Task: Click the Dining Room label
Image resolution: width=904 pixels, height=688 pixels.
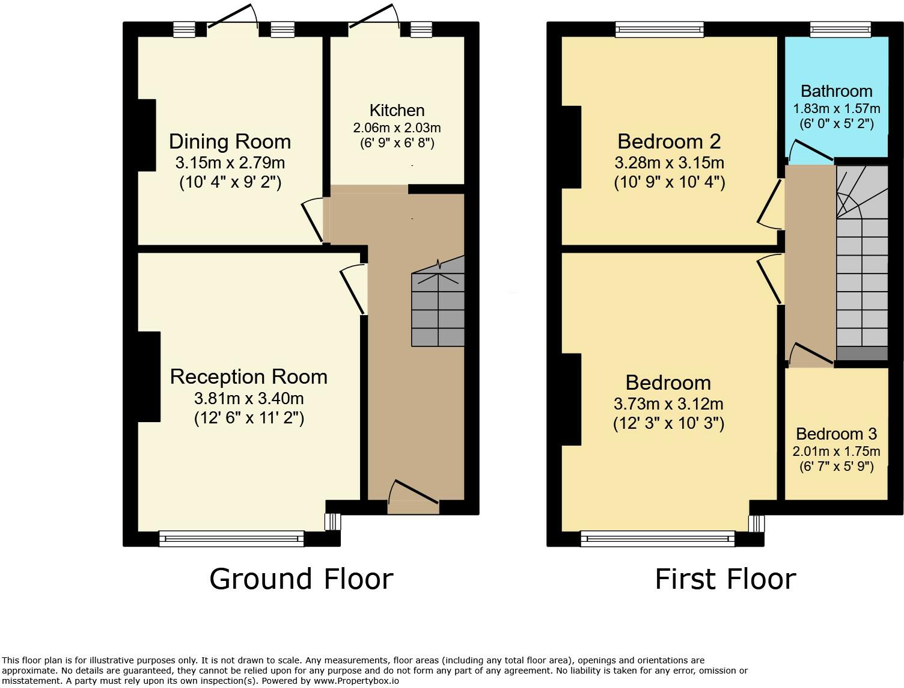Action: point(230,142)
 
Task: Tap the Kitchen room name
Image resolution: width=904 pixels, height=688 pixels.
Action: point(397,111)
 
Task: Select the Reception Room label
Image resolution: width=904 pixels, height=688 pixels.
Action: point(249,377)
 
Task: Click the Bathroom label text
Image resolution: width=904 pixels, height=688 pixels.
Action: point(837,91)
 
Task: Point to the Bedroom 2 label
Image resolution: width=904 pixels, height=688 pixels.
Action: point(669,142)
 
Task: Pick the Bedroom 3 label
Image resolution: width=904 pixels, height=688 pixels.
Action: point(837,434)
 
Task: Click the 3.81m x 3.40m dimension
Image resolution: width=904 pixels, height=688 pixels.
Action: point(249,398)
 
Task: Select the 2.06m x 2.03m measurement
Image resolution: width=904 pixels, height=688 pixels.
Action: point(397,127)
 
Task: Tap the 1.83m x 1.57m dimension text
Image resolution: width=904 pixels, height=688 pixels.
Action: point(837,108)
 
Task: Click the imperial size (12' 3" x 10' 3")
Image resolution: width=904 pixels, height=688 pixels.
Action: point(668,423)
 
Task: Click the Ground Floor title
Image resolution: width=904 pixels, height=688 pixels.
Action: point(301,579)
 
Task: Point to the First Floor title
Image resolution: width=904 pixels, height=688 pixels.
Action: point(725,579)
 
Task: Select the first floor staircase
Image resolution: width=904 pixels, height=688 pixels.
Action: point(861,262)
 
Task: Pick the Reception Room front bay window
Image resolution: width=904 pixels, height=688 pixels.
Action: point(231,538)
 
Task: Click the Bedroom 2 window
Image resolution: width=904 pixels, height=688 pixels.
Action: point(659,29)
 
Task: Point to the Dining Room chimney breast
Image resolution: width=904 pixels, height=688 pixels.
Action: point(147,135)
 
